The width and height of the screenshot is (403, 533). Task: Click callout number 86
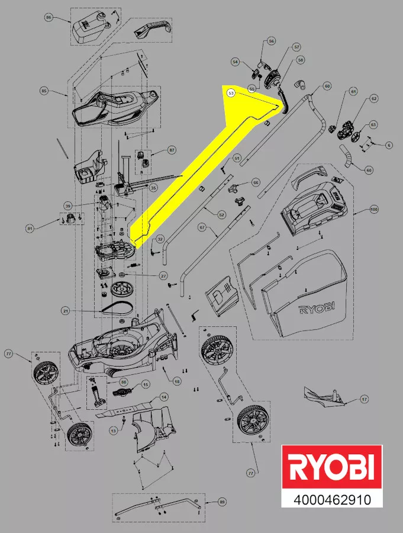[x=49, y=18]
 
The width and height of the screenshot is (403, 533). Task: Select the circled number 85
[x=43, y=91]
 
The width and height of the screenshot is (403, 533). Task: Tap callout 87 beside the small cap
[x=172, y=150]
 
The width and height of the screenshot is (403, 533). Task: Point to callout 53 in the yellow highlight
[x=231, y=93]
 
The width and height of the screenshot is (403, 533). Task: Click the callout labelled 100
[x=373, y=210]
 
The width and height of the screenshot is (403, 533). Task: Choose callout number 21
[x=66, y=310]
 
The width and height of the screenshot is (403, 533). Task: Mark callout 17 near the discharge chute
[x=364, y=399]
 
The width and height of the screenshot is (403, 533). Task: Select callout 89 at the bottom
[x=222, y=502]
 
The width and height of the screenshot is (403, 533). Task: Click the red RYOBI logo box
[x=331, y=468]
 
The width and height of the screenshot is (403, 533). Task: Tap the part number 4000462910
[x=331, y=500]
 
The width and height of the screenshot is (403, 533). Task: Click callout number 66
[x=256, y=182]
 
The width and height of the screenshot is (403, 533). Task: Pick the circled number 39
[x=68, y=206]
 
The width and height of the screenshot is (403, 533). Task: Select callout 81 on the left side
[x=30, y=227]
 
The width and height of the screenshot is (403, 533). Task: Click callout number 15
[x=146, y=384]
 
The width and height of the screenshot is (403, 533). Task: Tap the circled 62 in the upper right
[x=373, y=99]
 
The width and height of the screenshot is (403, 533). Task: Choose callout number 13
[x=113, y=431]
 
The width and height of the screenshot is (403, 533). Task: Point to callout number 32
[x=160, y=239]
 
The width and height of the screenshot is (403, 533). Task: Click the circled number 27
[x=163, y=276]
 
